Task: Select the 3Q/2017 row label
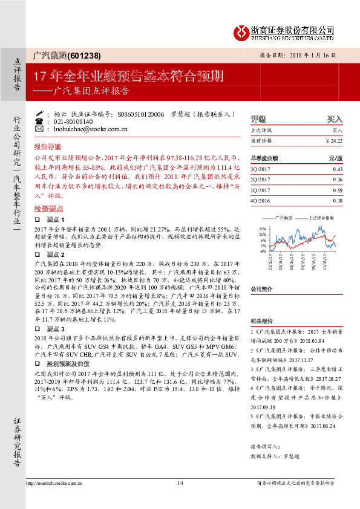[259, 169]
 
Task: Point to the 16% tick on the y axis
[263, 228]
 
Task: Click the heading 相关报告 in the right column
[261, 321]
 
